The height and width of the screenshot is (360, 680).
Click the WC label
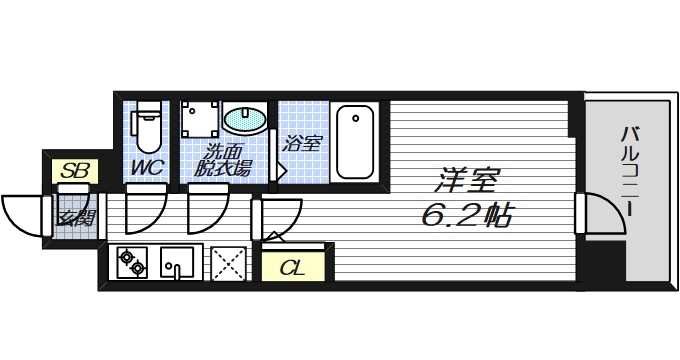click(x=148, y=167)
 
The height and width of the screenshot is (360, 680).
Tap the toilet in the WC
click(x=148, y=124)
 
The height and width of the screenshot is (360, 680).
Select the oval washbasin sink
click(x=245, y=120)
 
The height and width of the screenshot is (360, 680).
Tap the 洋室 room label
click(x=465, y=182)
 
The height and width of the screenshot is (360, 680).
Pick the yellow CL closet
click(x=292, y=267)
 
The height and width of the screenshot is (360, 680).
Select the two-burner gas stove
click(x=132, y=264)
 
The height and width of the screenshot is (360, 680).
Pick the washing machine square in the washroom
click(x=200, y=120)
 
